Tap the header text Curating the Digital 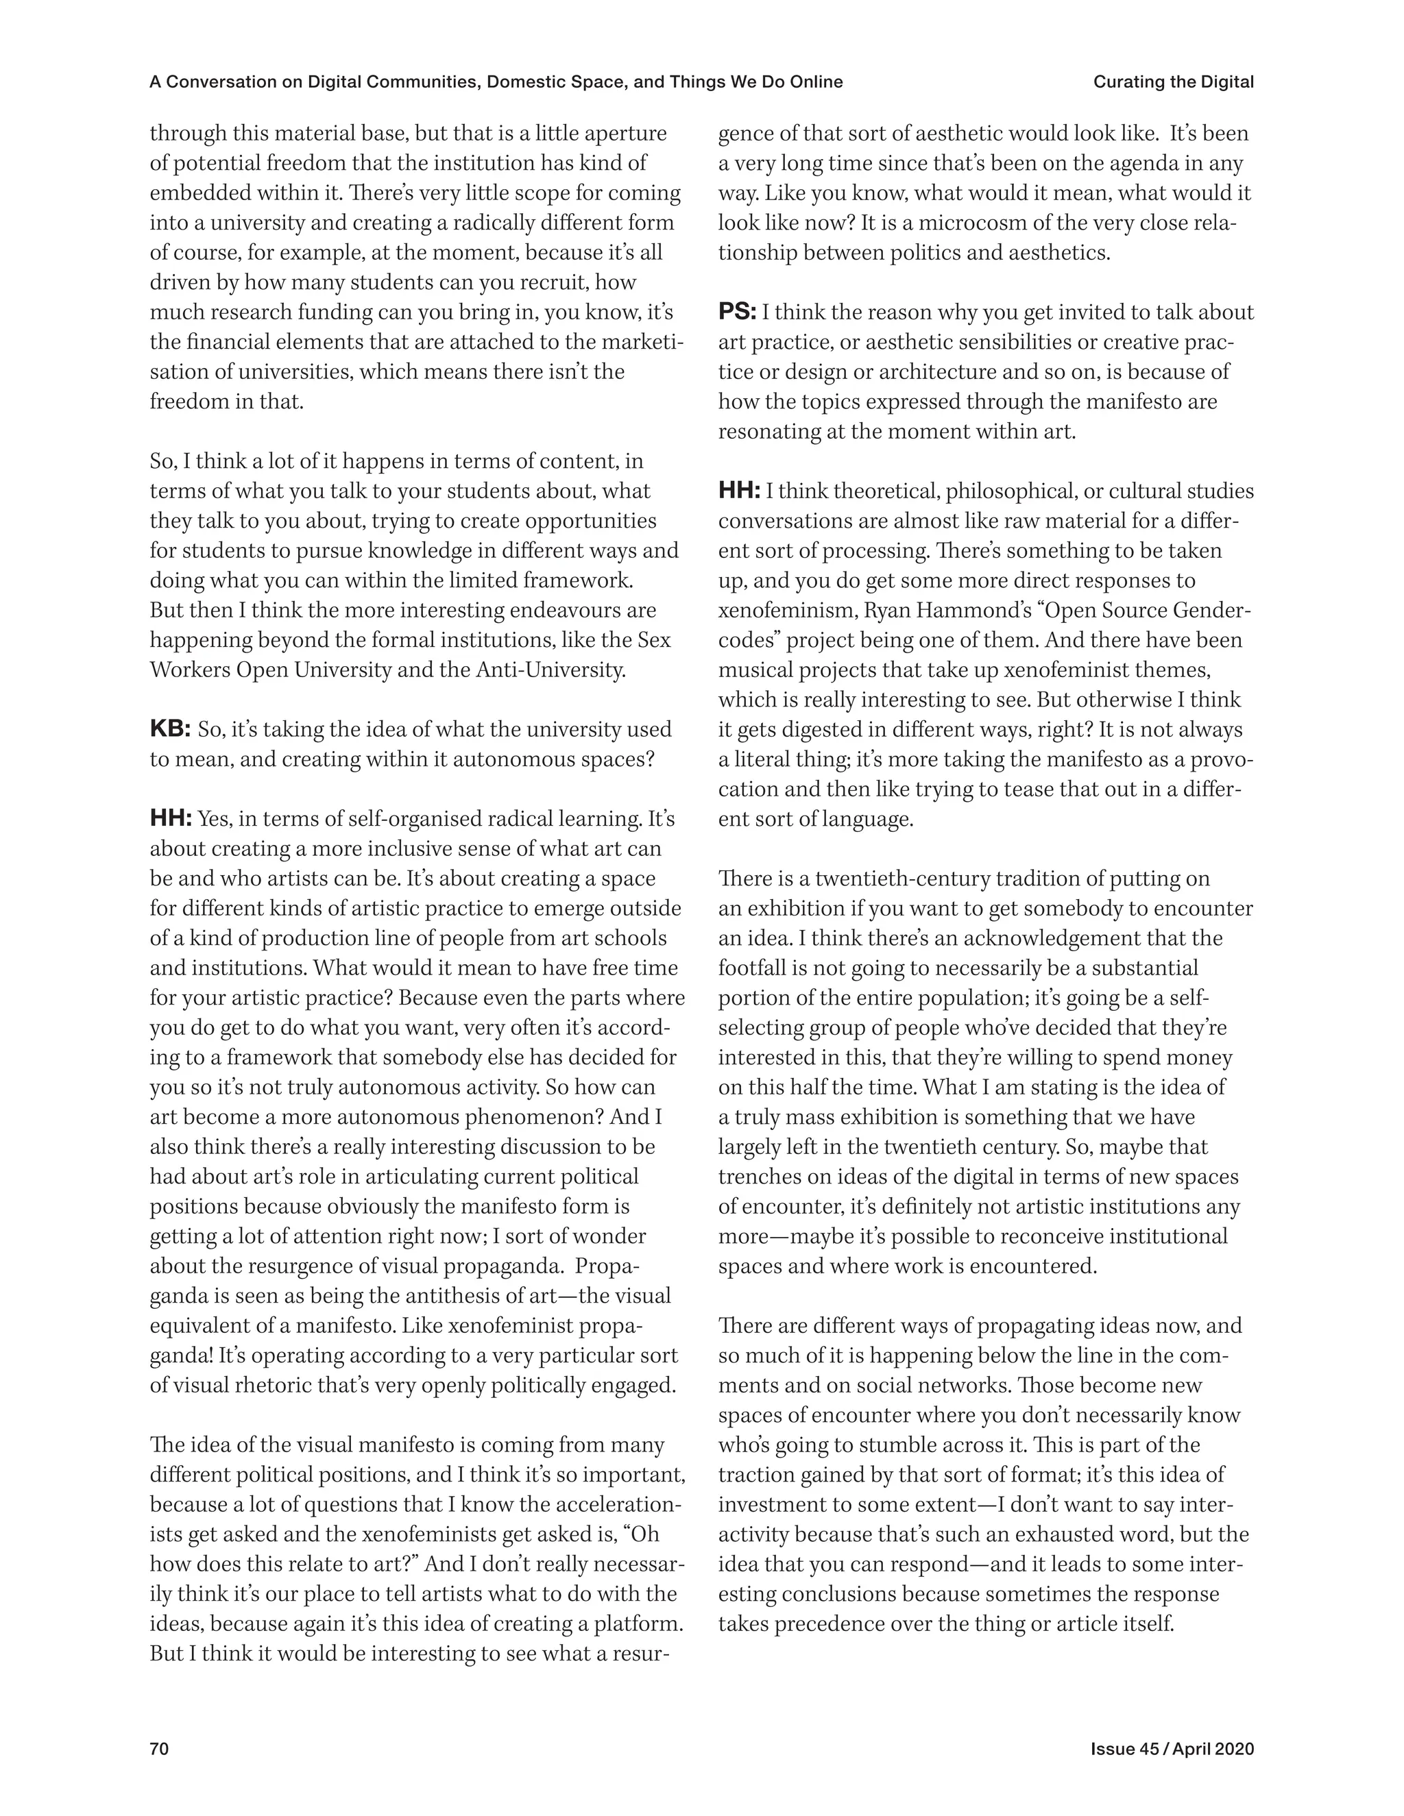(1173, 82)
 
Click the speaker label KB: (171, 729)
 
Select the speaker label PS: (737, 312)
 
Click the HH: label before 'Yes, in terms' (171, 819)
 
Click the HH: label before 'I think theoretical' (738, 491)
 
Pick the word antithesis (454, 1295)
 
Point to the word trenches (759, 1177)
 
